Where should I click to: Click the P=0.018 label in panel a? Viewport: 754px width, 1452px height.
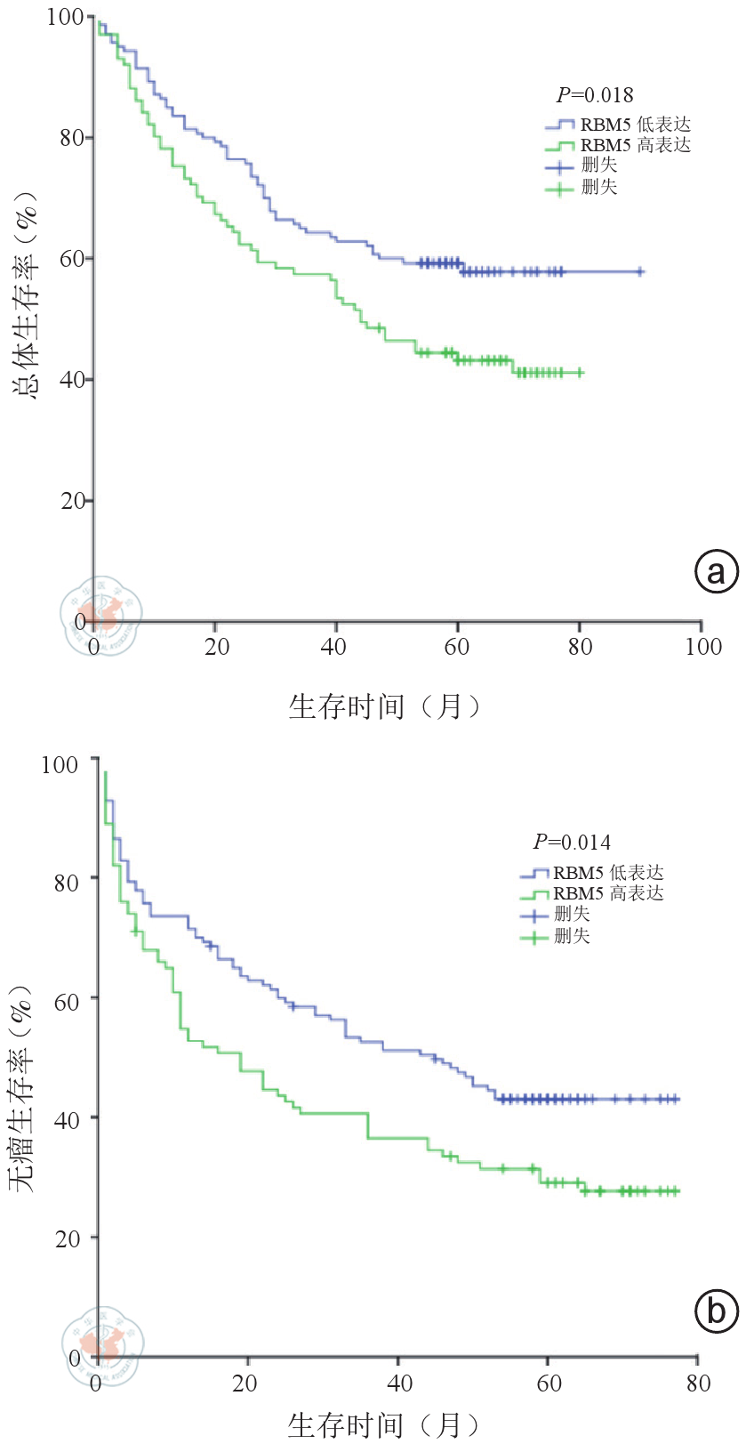click(594, 95)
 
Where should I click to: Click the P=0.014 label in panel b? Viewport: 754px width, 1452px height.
click(571, 842)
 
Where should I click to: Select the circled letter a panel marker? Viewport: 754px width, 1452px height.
click(716, 571)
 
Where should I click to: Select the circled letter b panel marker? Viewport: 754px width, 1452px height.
click(716, 1311)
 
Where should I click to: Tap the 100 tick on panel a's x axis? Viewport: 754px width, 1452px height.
click(702, 647)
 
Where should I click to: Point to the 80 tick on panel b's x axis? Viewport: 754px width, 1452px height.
click(698, 1383)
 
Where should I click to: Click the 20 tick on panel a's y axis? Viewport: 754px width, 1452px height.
click(73, 501)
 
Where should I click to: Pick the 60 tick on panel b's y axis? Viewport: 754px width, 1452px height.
click(67, 1001)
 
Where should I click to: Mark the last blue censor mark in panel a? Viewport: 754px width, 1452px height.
click(639, 271)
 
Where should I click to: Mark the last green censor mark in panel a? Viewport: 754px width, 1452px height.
click(580, 373)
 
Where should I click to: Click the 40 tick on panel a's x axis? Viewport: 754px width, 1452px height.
click(334, 647)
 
